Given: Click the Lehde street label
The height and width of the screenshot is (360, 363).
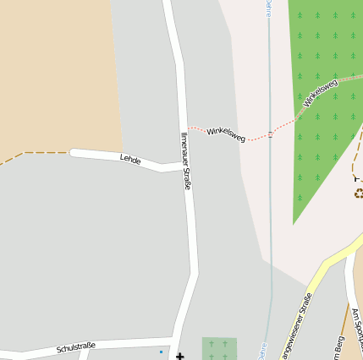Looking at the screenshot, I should coord(129,158).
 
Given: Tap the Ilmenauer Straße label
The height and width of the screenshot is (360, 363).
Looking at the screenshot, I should coord(185,160).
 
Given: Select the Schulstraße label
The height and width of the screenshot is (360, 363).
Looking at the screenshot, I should coord(76,346).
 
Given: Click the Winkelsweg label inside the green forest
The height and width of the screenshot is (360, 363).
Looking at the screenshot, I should coord(321,93).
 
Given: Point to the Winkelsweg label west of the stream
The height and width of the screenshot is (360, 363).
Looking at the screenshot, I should coord(226,133).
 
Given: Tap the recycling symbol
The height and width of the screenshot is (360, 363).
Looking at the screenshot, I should coord(359,194).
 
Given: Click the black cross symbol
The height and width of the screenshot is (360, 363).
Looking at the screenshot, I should coord(179,357).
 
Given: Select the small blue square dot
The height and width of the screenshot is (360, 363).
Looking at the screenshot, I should coord(161,351).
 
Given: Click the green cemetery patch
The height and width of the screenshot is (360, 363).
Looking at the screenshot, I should coord(218,348).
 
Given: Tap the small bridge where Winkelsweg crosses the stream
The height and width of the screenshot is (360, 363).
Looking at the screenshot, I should coord(270,134).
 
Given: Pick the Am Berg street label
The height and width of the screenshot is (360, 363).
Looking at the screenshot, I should coord(339,346).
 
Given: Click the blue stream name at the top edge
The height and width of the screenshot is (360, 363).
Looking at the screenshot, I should coord(269,8).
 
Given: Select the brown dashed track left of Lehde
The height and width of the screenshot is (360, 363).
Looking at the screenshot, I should coord(34,153).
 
